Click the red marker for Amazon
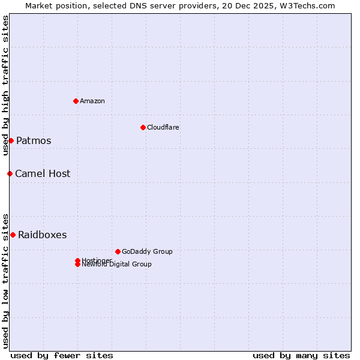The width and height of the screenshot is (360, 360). point(76,101)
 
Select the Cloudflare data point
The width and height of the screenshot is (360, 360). point(143,127)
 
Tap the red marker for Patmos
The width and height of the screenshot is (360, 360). point(11,140)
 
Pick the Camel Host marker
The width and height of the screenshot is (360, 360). point(10,173)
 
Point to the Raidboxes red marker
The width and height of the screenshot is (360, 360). point(13,235)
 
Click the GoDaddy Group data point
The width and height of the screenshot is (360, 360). point(118,251)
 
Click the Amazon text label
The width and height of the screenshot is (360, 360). point(92,101)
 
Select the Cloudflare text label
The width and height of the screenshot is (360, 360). point(163,127)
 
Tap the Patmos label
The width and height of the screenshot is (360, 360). point(34,141)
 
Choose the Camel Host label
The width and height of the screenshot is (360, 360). point(43,174)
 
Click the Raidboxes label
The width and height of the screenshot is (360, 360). point(42,235)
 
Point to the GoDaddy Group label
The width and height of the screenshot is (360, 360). point(147,252)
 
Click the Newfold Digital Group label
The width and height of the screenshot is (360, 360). point(117,265)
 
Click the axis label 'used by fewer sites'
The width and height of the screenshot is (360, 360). point(62,355)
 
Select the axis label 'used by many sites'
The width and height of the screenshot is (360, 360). point(301,355)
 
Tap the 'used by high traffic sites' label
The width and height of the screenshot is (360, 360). point(5,85)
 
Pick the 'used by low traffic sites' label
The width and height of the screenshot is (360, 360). point(5,280)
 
